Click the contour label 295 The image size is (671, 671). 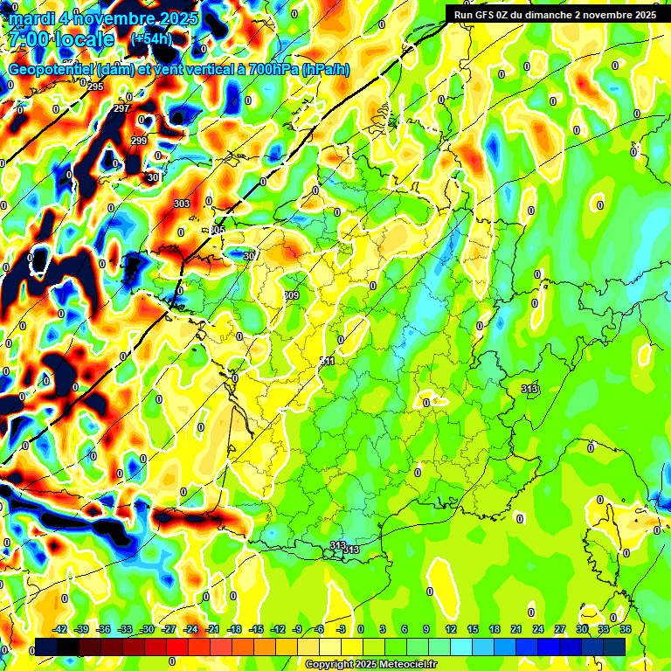point(95,86)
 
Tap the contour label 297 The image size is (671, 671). point(121,108)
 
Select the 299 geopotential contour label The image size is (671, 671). point(139,141)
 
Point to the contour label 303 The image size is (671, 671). point(182,204)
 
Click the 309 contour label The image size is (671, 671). point(291,295)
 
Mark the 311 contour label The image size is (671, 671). point(328,361)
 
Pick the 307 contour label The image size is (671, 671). point(250,256)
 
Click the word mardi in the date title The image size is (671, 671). point(35,18)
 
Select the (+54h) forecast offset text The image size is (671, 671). point(150,39)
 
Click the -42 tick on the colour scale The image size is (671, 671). point(60,629)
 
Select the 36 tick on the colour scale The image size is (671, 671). point(626,629)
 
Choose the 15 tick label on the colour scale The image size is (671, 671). point(473,629)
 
